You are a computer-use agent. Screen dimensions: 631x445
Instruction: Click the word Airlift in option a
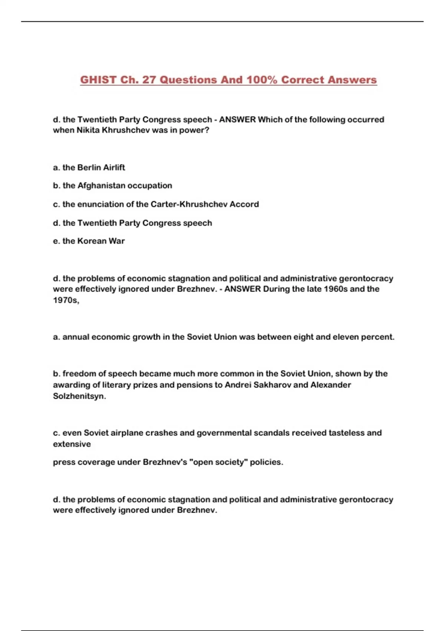(114, 167)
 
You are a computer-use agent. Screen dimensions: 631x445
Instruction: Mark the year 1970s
(66, 300)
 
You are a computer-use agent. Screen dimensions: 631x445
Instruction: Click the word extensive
(72, 444)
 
